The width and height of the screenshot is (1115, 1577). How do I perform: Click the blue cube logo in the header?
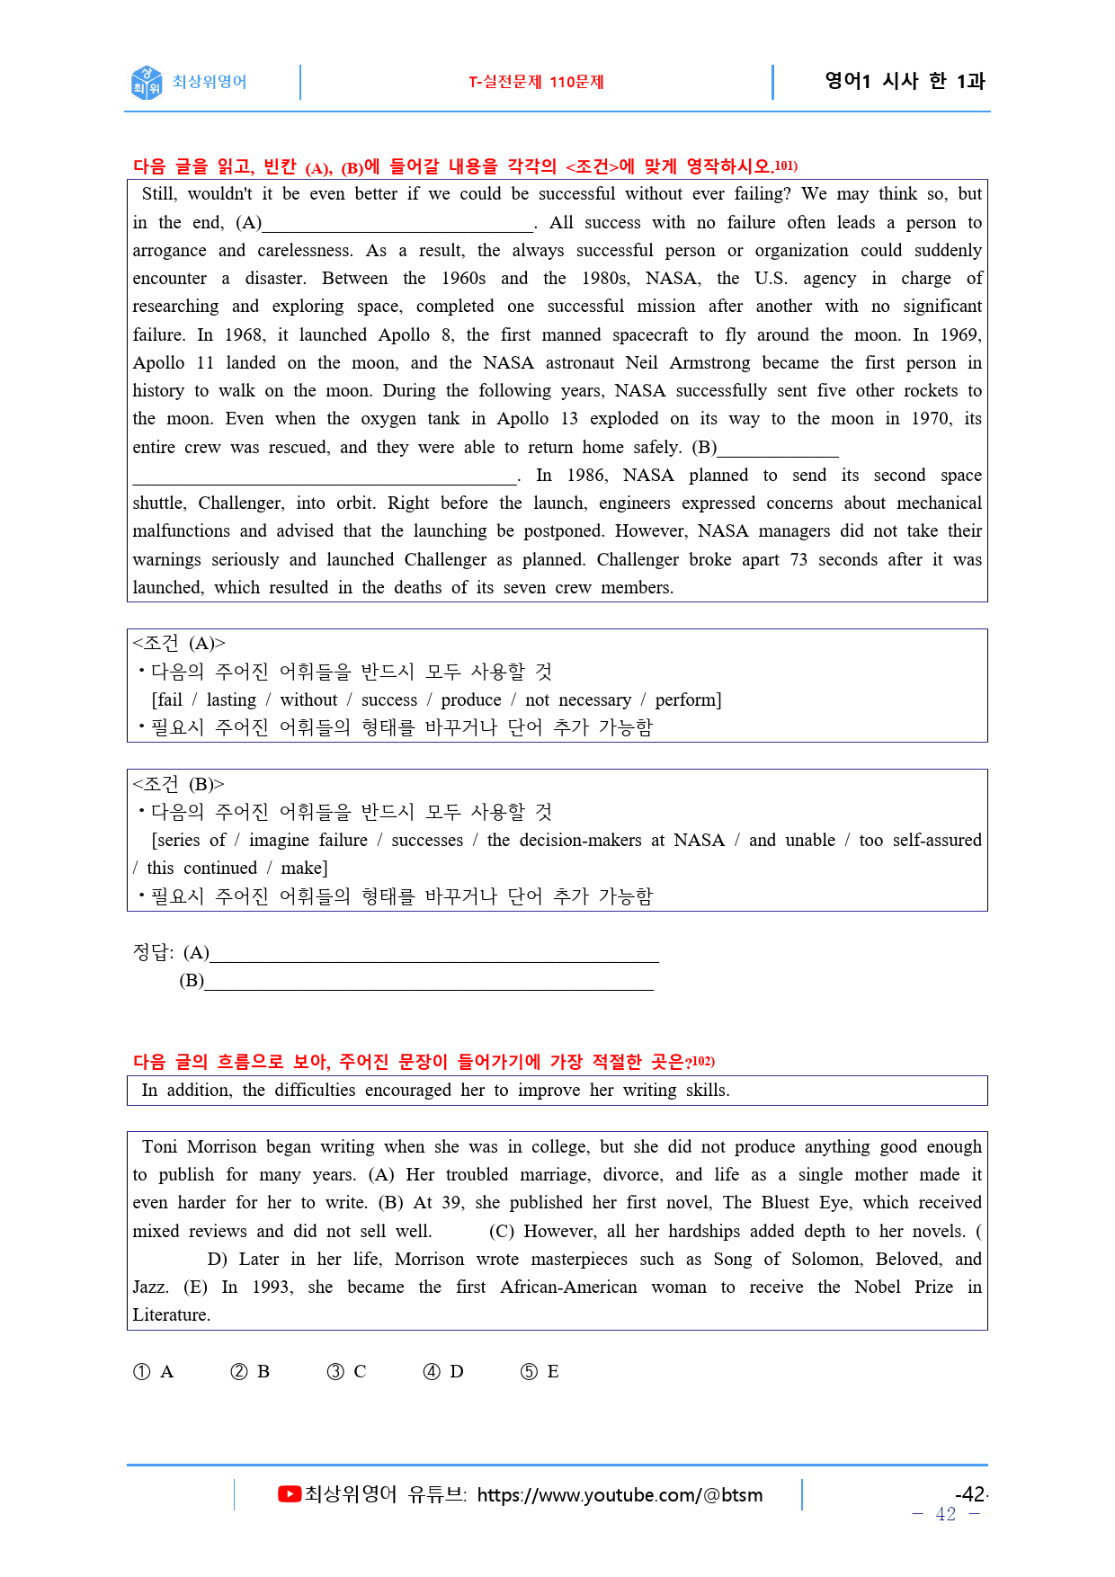[x=147, y=82]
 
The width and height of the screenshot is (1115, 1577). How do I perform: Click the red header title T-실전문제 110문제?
[x=536, y=82]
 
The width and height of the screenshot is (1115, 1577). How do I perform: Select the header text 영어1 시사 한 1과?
[x=905, y=81]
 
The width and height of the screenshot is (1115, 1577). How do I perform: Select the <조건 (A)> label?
[x=179, y=643]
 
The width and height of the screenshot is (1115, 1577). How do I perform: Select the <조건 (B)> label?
[x=178, y=784]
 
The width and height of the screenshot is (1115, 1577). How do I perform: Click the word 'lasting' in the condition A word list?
[x=231, y=699]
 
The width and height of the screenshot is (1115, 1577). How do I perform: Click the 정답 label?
[x=152, y=952]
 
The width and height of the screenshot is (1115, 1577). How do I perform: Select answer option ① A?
[x=153, y=1371]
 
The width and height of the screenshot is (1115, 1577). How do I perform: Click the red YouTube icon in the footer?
[x=289, y=1494]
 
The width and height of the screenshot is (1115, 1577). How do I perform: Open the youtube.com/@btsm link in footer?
[x=620, y=1495]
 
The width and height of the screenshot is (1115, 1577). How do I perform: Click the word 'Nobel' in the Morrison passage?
[x=877, y=1287]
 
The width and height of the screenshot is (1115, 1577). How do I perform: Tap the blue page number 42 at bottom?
[x=945, y=1514]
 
